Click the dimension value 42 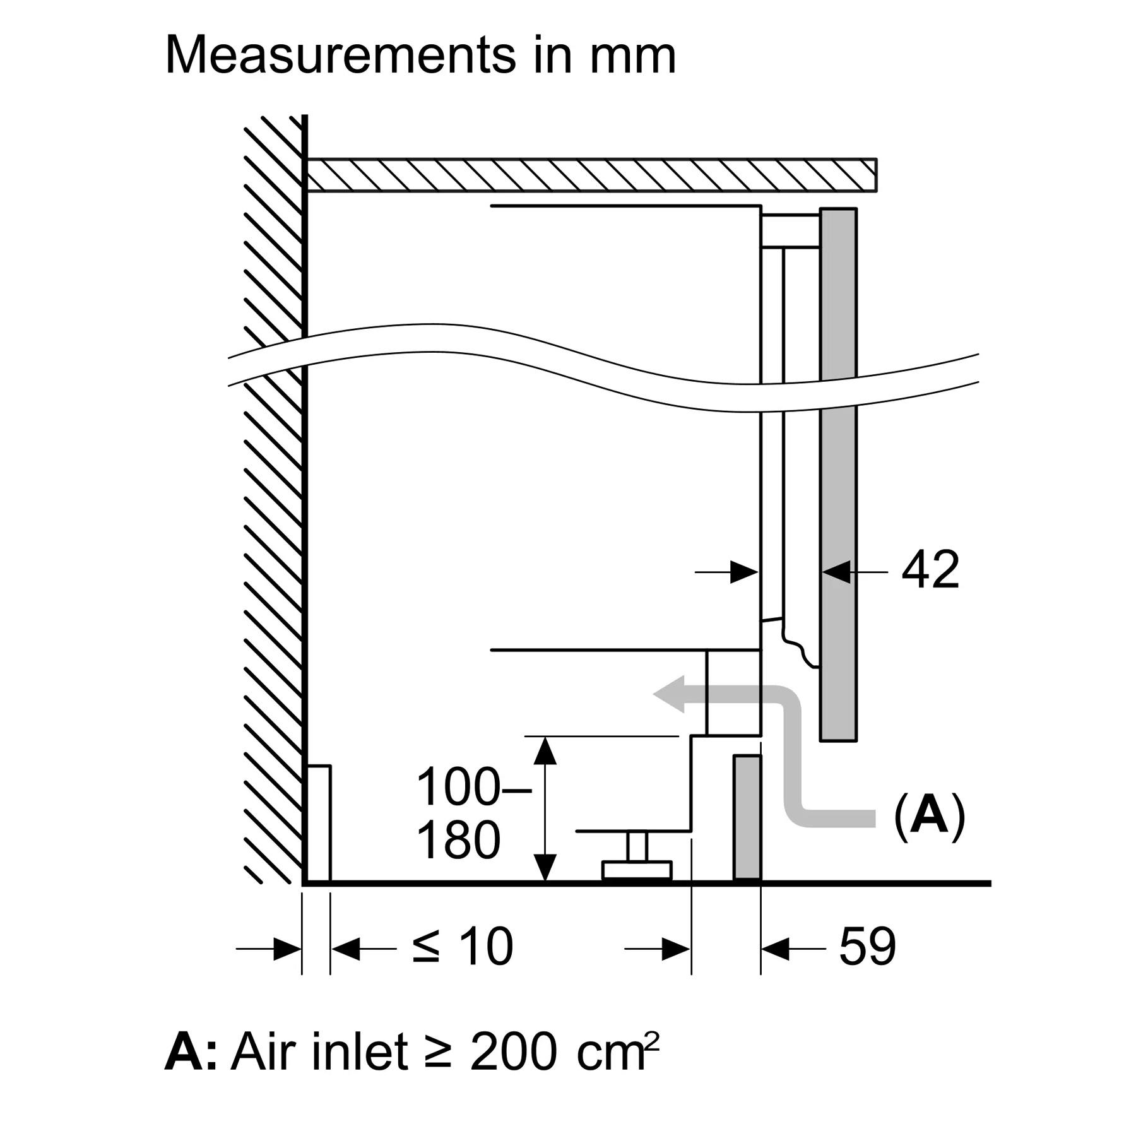(930, 571)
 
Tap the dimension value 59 (867, 947)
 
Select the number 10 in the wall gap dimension (485, 947)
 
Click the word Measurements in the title (340, 56)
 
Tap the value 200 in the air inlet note (514, 1052)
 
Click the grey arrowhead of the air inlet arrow (670, 694)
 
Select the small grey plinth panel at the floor (747, 817)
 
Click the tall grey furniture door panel (838, 473)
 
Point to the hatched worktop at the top (590, 174)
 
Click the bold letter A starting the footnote (183, 1052)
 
